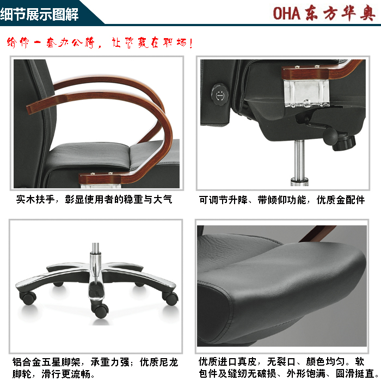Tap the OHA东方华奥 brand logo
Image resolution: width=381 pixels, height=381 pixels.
coord(324,13)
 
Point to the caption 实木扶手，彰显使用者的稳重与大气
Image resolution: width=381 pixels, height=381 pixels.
coord(94,200)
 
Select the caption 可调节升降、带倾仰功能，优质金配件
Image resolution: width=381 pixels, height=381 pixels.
coord(281,200)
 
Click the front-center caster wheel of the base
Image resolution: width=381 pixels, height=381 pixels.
coord(101,310)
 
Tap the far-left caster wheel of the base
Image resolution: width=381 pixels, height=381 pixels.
coord(28,297)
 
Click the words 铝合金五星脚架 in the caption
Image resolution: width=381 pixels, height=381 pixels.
coord(46,362)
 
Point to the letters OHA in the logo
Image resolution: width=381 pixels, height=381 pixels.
coord(286,13)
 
